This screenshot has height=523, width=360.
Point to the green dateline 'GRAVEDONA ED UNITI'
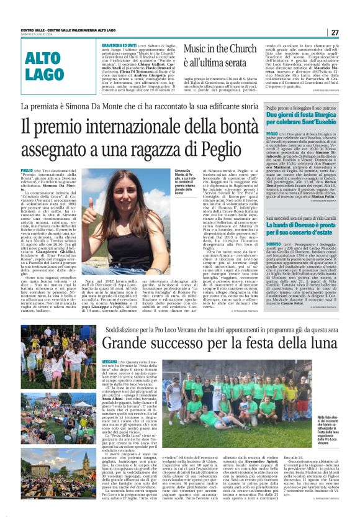(120, 46)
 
